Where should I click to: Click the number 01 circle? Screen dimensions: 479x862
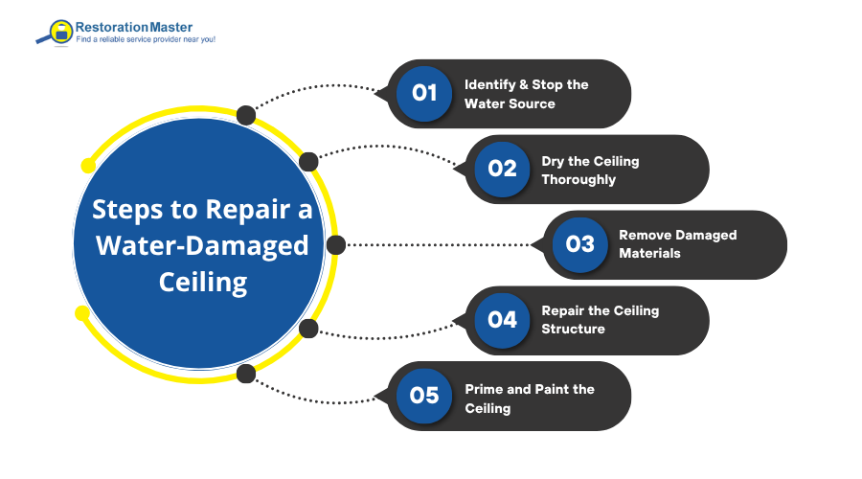coord(424,93)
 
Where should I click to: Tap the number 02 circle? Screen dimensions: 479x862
coord(502,169)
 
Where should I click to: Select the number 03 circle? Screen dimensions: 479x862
coord(579,244)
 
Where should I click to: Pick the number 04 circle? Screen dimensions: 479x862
coord(502,320)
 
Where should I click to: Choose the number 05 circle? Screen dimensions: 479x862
coord(424,396)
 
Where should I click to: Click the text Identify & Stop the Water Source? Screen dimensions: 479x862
coord(526,94)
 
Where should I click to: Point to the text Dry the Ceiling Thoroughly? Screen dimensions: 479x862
coord(589,170)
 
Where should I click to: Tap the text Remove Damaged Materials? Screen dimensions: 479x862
coord(677,245)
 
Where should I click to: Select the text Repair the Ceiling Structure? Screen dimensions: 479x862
coord(600,320)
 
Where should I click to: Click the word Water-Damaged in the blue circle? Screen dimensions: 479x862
coord(201,245)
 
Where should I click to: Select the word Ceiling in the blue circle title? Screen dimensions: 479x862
coord(201,282)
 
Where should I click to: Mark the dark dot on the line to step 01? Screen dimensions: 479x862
coord(246,115)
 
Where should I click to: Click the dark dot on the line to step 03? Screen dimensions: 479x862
coord(336,245)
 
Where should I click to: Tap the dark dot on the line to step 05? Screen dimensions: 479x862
coord(246,374)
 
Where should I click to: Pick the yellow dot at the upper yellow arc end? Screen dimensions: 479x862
coord(89,166)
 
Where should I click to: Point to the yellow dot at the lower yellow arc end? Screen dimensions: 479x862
coord(82,312)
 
